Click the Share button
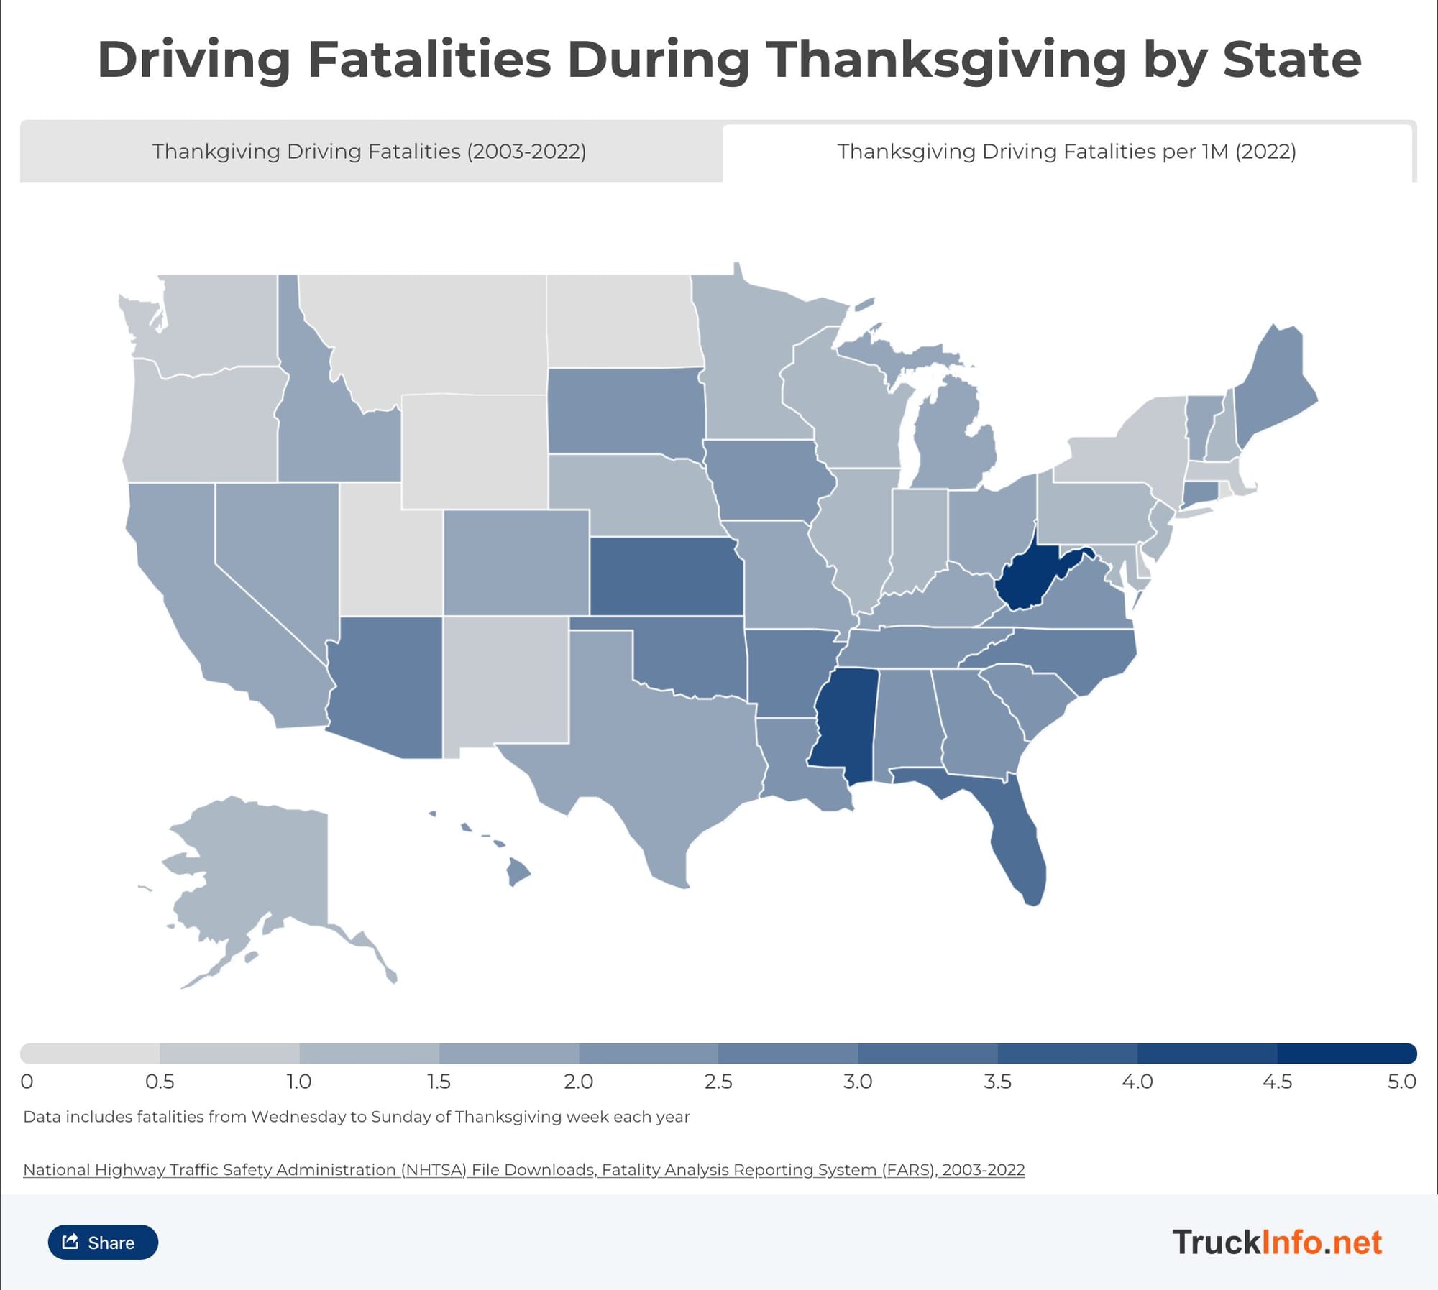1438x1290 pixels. (x=103, y=1243)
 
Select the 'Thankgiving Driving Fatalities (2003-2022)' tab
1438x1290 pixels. (x=370, y=152)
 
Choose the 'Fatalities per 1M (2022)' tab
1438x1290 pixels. (x=1066, y=152)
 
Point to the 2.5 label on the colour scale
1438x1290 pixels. (x=718, y=1082)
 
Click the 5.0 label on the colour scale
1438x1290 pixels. (x=1401, y=1082)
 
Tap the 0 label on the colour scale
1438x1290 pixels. (x=27, y=1082)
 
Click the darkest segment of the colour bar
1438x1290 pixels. (x=1346, y=1054)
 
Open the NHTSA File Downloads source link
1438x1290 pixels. (x=523, y=1170)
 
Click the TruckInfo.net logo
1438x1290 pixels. (x=1277, y=1243)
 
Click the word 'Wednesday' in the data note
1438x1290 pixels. (x=290, y=1117)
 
